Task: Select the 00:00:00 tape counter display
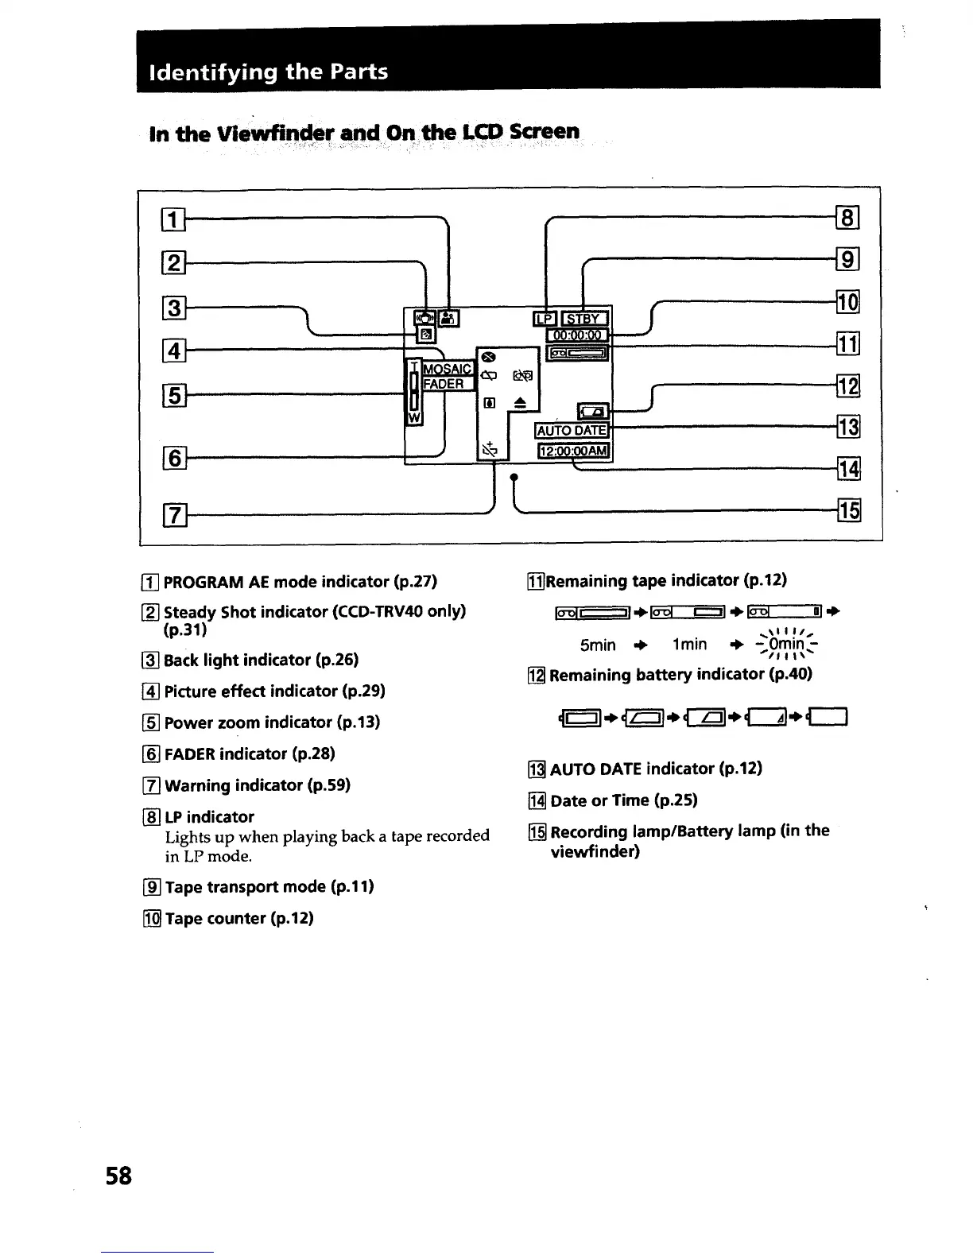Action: point(578,336)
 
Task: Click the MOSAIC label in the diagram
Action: point(447,369)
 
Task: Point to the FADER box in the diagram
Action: point(444,384)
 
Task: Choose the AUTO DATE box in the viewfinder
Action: point(572,431)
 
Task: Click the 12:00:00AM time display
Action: point(574,451)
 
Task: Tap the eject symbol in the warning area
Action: point(520,404)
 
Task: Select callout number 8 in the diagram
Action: point(848,217)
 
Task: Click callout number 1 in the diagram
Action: point(172,217)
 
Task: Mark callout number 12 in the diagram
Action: point(848,387)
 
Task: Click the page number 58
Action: point(118,1175)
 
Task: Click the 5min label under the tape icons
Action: point(598,645)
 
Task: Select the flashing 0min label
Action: point(784,645)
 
